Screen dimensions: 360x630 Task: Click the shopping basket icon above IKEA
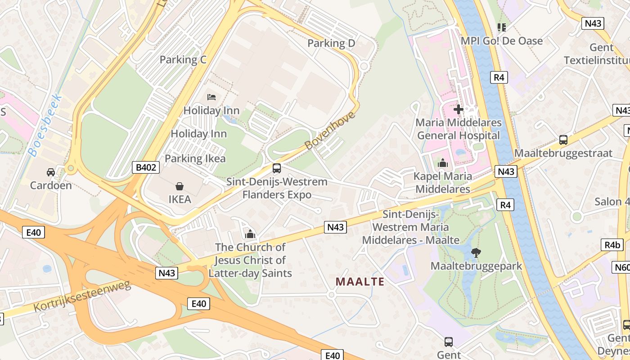(x=180, y=186)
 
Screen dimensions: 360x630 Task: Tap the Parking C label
(x=183, y=59)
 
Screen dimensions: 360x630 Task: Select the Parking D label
(x=331, y=43)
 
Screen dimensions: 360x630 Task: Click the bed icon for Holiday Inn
(x=211, y=97)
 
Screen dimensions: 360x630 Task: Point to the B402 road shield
(x=147, y=168)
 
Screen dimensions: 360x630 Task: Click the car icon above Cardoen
(x=51, y=172)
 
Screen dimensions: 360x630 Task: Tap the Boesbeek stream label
(x=45, y=125)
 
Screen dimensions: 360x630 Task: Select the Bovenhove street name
(x=329, y=130)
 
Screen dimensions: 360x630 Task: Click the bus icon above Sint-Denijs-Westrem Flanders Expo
(x=277, y=169)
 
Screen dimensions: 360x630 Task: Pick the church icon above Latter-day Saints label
(x=250, y=234)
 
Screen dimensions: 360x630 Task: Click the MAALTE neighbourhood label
(x=360, y=282)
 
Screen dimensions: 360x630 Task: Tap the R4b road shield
(x=612, y=245)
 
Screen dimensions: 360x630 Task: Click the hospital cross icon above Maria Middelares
(x=458, y=109)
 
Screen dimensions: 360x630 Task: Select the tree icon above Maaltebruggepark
(x=476, y=253)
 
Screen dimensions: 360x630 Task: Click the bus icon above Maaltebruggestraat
(x=563, y=140)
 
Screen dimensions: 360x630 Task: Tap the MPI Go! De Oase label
(x=502, y=41)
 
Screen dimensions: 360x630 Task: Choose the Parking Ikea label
(x=195, y=158)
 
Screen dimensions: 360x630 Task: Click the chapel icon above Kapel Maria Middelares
(x=443, y=163)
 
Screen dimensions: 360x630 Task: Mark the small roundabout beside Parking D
(x=364, y=66)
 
